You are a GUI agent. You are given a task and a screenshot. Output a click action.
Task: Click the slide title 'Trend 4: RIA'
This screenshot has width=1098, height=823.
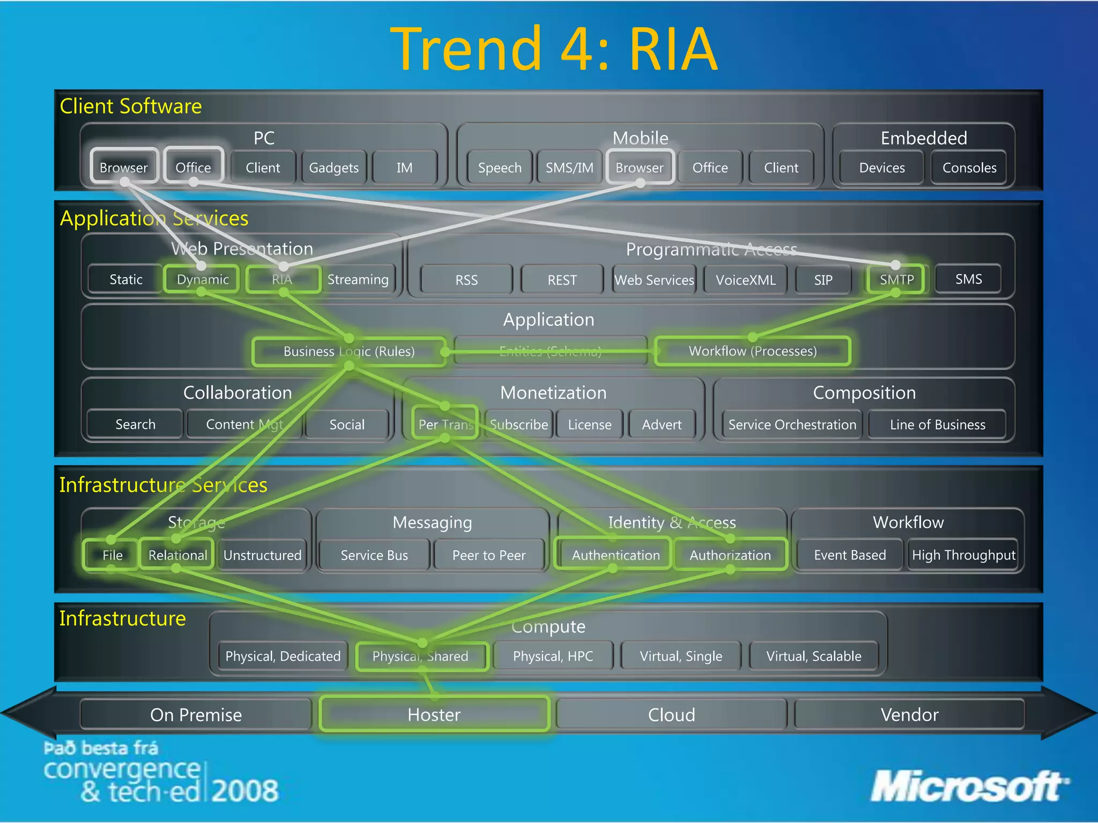[x=553, y=49]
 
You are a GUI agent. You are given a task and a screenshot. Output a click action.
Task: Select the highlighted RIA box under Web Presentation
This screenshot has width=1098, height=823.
[x=283, y=279]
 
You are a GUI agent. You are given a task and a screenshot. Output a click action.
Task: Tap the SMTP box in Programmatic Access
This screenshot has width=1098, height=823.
[x=896, y=279]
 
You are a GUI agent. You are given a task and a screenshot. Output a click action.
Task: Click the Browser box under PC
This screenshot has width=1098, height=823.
[x=124, y=167]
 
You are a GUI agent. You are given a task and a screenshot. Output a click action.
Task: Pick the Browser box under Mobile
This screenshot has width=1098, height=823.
[x=640, y=167]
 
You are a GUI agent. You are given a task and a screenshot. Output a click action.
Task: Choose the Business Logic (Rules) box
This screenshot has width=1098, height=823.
[x=349, y=351]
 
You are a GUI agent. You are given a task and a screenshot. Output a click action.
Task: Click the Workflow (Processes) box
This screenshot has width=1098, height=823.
[x=752, y=351]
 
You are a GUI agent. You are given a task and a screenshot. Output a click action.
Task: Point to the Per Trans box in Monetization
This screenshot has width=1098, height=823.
[x=445, y=424]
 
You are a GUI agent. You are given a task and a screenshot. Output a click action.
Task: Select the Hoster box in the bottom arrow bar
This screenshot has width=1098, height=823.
[x=434, y=714]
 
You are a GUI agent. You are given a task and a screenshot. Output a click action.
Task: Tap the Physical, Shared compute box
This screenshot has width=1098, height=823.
[x=421, y=656]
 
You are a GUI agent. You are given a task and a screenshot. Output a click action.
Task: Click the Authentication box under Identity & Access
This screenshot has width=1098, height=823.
[x=615, y=555]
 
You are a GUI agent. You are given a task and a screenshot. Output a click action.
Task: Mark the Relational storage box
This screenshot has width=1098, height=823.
[x=177, y=555]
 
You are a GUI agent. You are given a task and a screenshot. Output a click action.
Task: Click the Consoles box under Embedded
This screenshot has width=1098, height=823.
[x=969, y=168]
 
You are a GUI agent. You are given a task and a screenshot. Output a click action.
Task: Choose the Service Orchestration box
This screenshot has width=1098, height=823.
[x=792, y=424]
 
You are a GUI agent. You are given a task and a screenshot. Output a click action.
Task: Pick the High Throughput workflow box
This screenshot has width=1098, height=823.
[x=963, y=555]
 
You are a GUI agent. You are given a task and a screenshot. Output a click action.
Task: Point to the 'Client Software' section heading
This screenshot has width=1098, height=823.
[x=131, y=106]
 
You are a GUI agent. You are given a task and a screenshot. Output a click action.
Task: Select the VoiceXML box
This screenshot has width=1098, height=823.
[x=745, y=280]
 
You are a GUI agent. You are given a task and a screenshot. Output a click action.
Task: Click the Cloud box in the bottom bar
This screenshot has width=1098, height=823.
[x=671, y=714]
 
